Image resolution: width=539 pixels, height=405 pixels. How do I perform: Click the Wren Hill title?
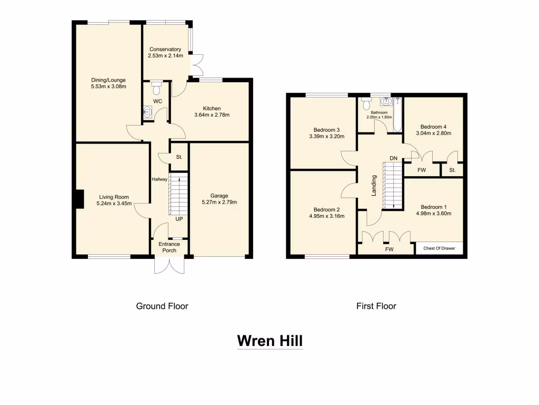click(x=269, y=341)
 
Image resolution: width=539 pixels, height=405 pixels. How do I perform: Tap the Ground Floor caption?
click(x=162, y=306)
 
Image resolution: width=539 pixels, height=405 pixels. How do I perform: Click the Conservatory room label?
click(x=165, y=50)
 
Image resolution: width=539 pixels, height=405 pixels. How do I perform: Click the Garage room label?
click(x=219, y=196)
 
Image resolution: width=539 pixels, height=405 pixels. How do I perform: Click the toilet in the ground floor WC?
click(x=156, y=85)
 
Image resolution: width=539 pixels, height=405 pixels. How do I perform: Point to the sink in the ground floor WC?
click(x=148, y=112)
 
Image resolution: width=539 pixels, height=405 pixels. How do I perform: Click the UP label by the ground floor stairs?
click(x=179, y=218)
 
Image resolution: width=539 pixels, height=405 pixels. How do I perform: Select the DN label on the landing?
click(x=393, y=158)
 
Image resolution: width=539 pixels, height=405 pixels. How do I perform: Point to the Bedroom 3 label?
click(x=326, y=130)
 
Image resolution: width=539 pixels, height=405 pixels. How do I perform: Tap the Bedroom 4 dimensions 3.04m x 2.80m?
click(x=433, y=134)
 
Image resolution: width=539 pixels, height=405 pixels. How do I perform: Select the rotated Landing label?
click(x=374, y=186)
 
